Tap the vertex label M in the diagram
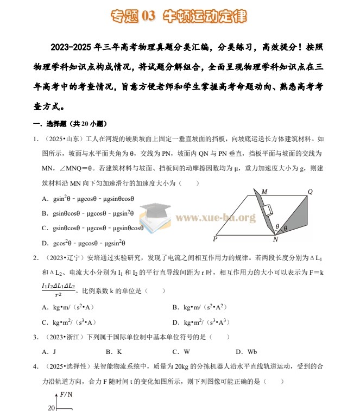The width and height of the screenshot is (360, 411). pos(264,192)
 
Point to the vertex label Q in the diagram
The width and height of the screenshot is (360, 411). pos(310,192)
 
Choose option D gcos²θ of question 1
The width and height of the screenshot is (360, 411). pos(84,243)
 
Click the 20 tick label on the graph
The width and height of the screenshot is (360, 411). pos(52,407)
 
